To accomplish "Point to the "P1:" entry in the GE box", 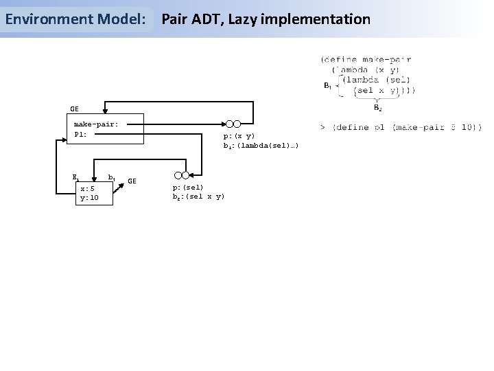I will coord(80,134).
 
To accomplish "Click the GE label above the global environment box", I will coord(74,108).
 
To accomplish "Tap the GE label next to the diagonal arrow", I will coord(132,181).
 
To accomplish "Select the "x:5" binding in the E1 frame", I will coord(87,189).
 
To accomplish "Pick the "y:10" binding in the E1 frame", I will coord(89,198).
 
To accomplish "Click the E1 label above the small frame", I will coord(76,177).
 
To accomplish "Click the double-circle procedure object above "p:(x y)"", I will coord(233,124).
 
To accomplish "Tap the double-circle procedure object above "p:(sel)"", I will coord(181,175).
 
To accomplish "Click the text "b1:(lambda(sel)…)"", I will coord(260,145).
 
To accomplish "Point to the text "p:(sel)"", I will coord(187,188).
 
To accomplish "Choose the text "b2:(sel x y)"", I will coord(198,197).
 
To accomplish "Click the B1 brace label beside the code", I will coord(327,85).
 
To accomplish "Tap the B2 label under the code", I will coord(378,107).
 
